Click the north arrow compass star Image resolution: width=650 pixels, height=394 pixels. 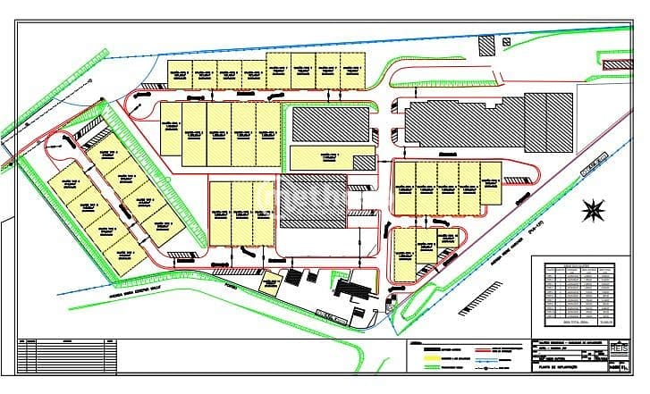click(x=593, y=211)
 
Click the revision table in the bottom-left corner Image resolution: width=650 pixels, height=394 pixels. click(x=66, y=356)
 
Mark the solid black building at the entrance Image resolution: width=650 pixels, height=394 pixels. click(x=359, y=291)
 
